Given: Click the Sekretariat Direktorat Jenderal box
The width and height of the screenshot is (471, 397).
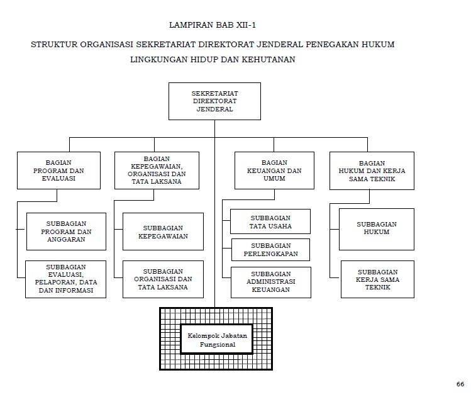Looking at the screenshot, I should point(214,101).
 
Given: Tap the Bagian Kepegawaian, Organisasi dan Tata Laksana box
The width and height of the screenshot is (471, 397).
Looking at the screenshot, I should point(157,170).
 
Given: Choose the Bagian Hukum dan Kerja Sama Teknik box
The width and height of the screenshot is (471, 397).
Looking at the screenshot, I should point(372,170).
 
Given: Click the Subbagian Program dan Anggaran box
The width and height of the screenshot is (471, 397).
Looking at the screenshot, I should point(67,232).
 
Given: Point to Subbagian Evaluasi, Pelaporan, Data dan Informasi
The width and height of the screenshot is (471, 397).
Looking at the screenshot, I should point(66,279).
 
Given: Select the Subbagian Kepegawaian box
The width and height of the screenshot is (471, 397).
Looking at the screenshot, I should point(163,232).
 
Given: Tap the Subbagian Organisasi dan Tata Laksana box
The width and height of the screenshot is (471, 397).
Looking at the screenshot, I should point(163,279).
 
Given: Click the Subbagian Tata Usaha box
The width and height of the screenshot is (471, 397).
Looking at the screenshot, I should point(270,222).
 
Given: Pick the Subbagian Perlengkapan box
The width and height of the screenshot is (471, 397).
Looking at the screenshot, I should point(270,250).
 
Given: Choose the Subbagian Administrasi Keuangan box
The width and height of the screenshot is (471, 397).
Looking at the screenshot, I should point(270,282).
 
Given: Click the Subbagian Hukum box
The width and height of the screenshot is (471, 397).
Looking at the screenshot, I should point(377,227).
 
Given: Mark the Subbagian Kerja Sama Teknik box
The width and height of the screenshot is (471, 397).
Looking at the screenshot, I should point(377,279).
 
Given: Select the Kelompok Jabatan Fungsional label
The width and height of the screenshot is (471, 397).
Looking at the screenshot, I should point(216,340).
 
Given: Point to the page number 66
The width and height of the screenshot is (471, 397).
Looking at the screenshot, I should point(460,384).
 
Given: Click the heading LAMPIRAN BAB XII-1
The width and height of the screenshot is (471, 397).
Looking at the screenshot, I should point(213,25).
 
